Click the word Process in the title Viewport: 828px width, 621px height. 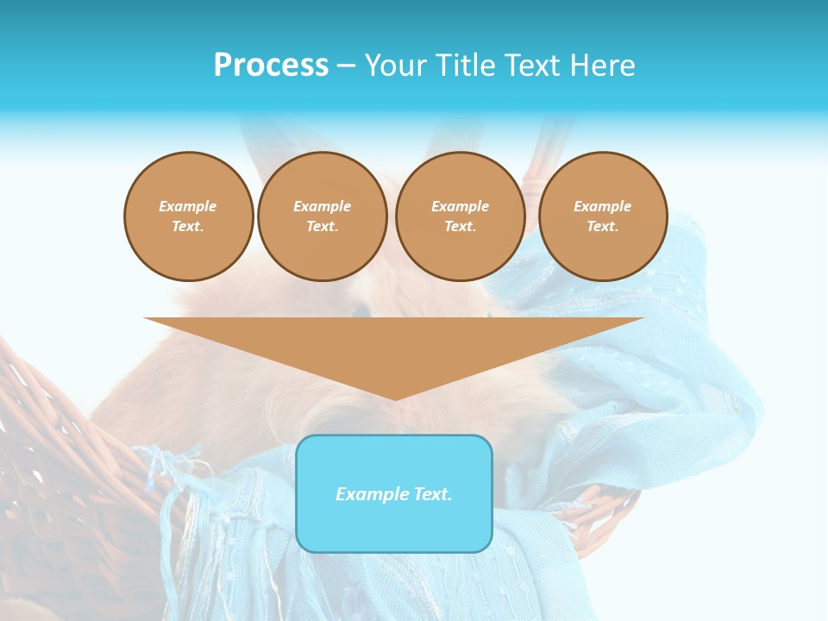[x=271, y=66]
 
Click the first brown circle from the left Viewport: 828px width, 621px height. [x=188, y=216]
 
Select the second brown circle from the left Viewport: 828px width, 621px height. [x=322, y=216]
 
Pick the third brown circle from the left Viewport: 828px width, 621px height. [x=460, y=216]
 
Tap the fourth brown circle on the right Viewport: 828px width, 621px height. [x=602, y=216]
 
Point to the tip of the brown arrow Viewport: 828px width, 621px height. [x=394, y=398]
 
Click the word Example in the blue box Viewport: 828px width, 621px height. [x=368, y=494]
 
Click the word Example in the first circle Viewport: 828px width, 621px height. [x=188, y=206]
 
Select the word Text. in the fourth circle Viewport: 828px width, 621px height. [x=602, y=227]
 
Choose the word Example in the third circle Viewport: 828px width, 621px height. [x=460, y=206]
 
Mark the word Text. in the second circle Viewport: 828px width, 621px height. [x=322, y=227]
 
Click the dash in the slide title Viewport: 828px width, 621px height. [x=346, y=66]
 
